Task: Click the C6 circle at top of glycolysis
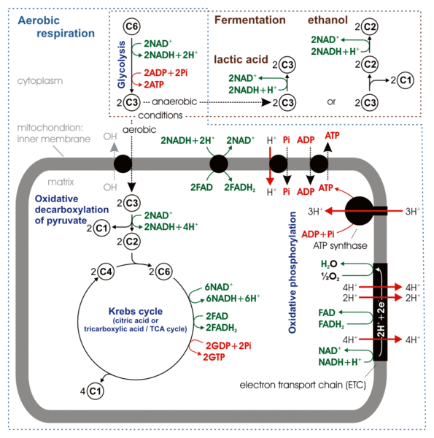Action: point(133,27)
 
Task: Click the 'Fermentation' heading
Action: point(249,20)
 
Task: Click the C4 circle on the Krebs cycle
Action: point(106,273)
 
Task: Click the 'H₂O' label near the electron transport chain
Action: point(329,264)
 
